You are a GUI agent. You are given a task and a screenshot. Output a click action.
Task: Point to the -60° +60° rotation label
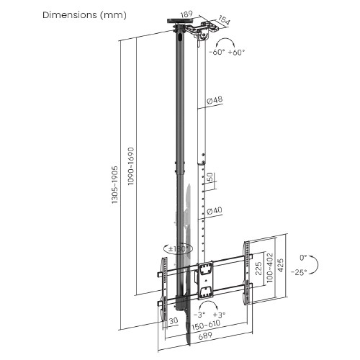click(x=227, y=52)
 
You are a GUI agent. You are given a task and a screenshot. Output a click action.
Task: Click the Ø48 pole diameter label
click(x=214, y=102)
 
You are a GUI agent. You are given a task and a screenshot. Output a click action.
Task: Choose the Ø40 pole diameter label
click(x=214, y=211)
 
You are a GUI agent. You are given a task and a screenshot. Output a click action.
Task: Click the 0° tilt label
click(x=304, y=256)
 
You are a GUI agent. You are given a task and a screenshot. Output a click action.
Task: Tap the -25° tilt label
click(x=300, y=271)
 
